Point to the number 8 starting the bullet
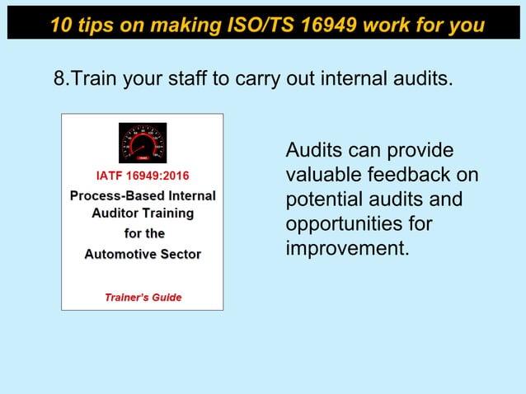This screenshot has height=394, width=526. pos(59,79)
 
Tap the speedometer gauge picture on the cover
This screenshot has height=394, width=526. pos(142,143)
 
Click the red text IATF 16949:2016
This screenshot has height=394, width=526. pos(142,176)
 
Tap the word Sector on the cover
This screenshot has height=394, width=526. pos(180,254)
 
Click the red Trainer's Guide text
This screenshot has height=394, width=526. pos(143,298)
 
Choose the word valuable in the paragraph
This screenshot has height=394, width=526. pos(319,176)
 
